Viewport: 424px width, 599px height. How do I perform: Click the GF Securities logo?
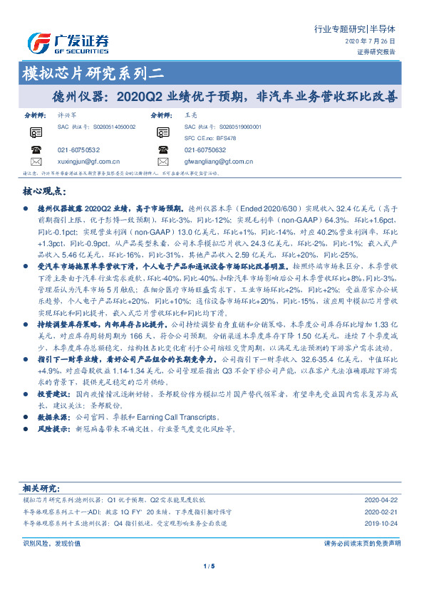coord(68,43)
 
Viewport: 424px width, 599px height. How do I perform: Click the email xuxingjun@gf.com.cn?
coord(88,161)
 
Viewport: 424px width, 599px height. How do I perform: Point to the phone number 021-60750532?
coord(78,150)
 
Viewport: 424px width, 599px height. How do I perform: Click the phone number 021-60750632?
coord(205,150)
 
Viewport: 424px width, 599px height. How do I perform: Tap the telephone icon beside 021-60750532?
coord(36,149)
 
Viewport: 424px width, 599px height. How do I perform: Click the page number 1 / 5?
coord(209,566)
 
